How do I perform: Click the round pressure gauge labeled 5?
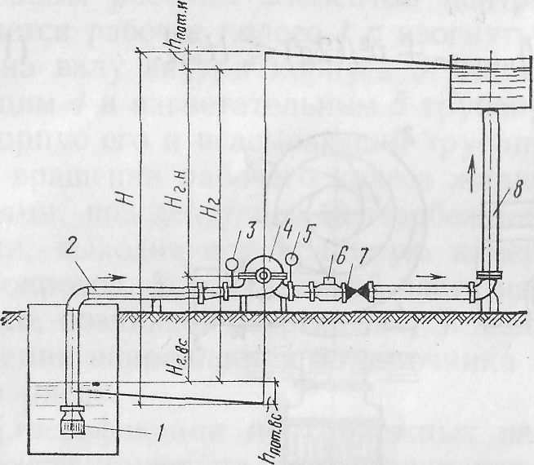[289, 260]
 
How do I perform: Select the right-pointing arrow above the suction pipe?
[118, 277]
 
